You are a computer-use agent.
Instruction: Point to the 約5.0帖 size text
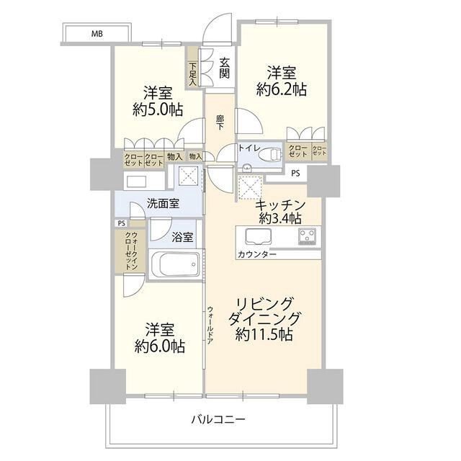(157, 109)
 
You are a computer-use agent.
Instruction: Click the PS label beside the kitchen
(296, 173)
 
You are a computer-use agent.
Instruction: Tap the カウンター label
(254, 255)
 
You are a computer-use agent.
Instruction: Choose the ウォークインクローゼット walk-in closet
(130, 251)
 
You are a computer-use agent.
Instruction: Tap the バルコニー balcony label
(220, 419)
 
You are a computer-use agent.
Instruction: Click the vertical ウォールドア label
(210, 325)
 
